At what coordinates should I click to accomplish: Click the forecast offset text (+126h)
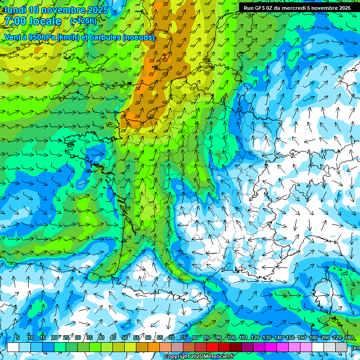(83, 21)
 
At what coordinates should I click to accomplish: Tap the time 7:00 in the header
(15, 21)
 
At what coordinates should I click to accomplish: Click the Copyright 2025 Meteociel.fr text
(199, 357)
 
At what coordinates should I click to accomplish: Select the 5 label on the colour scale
(18, 337)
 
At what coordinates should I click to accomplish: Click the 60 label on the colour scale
(148, 337)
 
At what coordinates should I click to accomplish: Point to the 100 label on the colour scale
(231, 337)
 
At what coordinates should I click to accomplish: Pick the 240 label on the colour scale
(348, 337)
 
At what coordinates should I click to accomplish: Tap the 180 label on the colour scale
(313, 337)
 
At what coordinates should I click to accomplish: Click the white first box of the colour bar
(13, 347)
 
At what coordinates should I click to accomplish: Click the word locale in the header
(45, 21)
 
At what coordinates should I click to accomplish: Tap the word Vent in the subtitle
(12, 37)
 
